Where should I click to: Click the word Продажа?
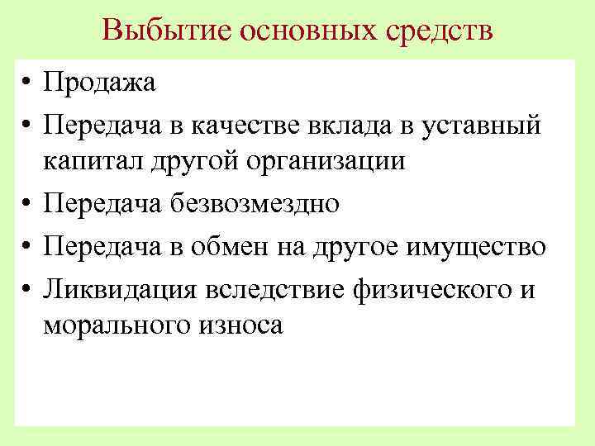100,83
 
